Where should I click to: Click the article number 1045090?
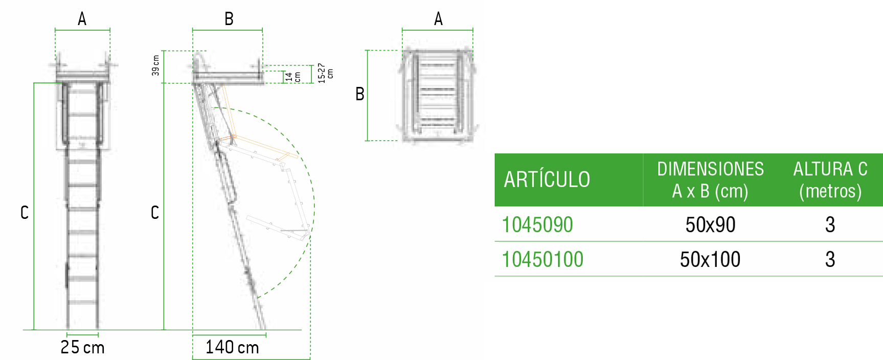(537, 225)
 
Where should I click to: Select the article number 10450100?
(542, 260)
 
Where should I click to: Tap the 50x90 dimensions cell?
(710, 225)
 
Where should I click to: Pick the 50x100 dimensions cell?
(710, 260)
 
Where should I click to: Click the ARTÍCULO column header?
(547, 179)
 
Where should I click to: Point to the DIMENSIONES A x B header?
(710, 179)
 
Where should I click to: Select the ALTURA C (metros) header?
(830, 179)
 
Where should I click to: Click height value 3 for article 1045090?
(830, 225)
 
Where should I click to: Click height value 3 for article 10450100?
(830, 260)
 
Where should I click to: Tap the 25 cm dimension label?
(82, 348)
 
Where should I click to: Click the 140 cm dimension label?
(232, 348)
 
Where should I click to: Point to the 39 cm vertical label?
(155, 65)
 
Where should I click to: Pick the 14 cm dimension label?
(292, 77)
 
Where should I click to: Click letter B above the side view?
(229, 19)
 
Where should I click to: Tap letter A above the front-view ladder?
(82, 19)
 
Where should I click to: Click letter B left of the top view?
(359, 94)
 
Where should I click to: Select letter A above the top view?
(438, 19)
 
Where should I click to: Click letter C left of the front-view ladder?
(24, 213)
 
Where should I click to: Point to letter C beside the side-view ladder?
(154, 213)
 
